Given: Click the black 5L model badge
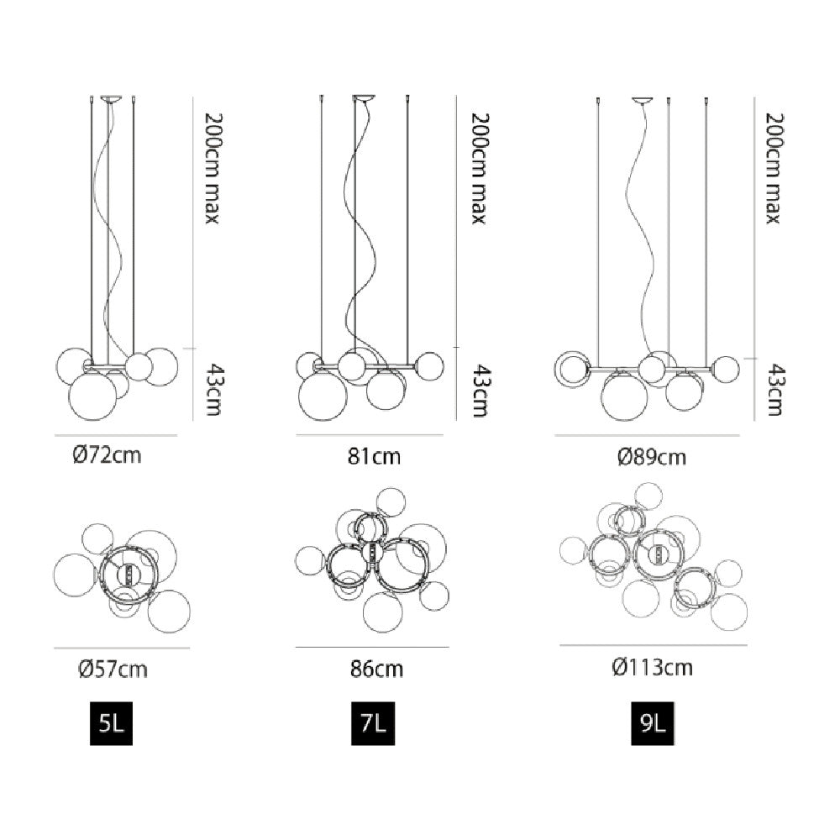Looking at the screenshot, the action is [111, 723].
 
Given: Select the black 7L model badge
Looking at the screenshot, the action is [373, 723].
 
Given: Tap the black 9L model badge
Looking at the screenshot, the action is [652, 723].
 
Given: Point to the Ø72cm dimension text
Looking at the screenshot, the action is [108, 455].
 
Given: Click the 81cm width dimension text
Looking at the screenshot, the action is [374, 456].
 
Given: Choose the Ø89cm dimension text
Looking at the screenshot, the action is [652, 456].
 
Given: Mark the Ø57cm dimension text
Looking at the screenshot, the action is [113, 669].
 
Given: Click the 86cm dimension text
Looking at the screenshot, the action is [376, 669].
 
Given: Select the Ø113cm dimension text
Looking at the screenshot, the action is [652, 668].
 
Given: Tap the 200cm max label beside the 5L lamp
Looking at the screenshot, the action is [213, 168].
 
